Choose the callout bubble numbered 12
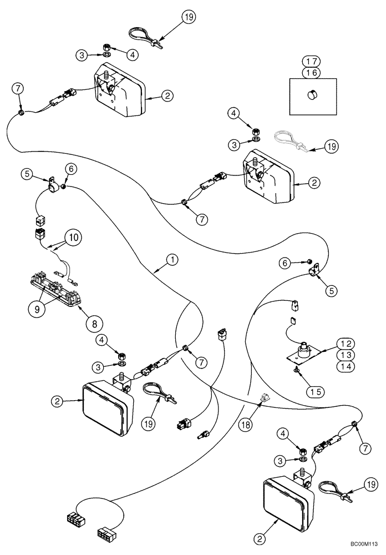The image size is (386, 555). click(x=345, y=344)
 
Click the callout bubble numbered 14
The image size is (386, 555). click(x=345, y=367)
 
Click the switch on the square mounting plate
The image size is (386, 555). click(x=304, y=351)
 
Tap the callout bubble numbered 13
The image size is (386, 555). click(x=345, y=355)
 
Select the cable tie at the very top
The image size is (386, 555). click(x=144, y=37)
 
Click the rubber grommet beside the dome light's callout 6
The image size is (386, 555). click(x=64, y=188)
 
